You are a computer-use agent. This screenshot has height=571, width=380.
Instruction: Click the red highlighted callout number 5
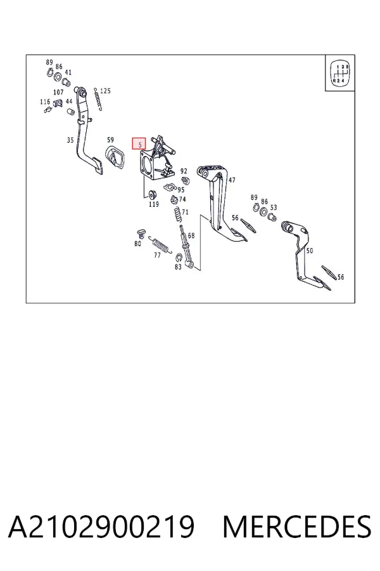point(139,144)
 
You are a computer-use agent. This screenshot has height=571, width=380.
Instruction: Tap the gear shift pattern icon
point(340,72)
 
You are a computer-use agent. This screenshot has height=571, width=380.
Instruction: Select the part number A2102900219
point(101,527)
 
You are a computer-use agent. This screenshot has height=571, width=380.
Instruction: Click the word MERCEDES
point(297,527)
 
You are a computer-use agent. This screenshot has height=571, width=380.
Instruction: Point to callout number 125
point(105,91)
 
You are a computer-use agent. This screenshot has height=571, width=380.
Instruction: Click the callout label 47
point(232,180)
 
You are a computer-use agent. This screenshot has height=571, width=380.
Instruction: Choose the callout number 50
point(310,251)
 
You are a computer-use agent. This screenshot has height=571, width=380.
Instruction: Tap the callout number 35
point(70,140)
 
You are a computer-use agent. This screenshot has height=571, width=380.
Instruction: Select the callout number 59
point(110,140)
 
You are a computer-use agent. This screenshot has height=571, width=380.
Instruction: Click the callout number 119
point(154,204)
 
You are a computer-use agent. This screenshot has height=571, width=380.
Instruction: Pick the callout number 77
point(157,255)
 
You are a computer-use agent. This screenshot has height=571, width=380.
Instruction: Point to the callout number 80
point(137,244)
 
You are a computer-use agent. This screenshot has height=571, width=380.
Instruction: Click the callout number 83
point(178,267)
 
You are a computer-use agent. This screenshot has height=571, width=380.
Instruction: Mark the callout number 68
point(191,235)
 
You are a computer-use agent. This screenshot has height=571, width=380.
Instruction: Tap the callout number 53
point(274,207)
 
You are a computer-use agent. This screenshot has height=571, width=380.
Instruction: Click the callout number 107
point(58,93)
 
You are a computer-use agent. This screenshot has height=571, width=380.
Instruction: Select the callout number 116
point(45,102)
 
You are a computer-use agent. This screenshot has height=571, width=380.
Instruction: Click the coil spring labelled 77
point(161,244)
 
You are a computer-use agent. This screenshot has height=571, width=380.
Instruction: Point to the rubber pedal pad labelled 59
point(115,157)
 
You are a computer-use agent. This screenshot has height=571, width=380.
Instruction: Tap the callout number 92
point(184,171)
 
